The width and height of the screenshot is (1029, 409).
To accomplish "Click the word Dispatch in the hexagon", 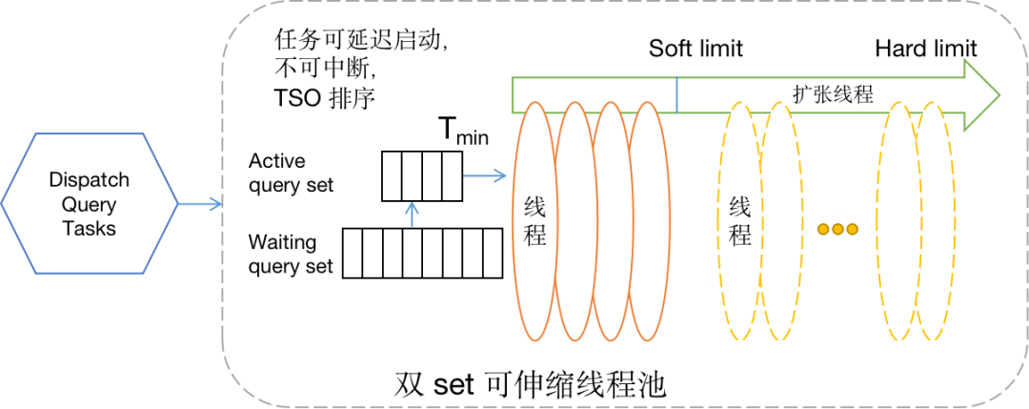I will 89,181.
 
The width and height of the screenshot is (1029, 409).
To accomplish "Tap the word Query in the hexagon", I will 89,205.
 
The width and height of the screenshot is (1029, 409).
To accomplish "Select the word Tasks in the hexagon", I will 89,229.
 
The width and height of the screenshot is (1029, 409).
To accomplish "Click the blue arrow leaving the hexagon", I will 200,204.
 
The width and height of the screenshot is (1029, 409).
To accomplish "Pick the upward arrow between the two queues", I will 412,214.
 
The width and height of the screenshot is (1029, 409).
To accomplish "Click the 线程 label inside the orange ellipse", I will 535,220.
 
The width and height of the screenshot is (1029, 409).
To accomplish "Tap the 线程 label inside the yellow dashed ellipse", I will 739,220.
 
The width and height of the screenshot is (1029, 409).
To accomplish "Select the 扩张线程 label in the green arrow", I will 833,92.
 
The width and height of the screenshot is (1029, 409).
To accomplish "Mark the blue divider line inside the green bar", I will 677,94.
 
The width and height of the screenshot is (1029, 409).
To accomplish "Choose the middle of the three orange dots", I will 838,229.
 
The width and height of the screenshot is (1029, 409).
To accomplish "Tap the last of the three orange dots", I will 853,229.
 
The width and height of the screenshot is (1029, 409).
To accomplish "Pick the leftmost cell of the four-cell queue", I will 393,175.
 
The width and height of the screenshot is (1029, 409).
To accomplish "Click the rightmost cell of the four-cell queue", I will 451,175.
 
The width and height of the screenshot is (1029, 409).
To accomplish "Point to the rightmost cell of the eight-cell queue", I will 492,253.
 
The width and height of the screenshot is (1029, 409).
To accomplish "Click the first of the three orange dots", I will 824,229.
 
